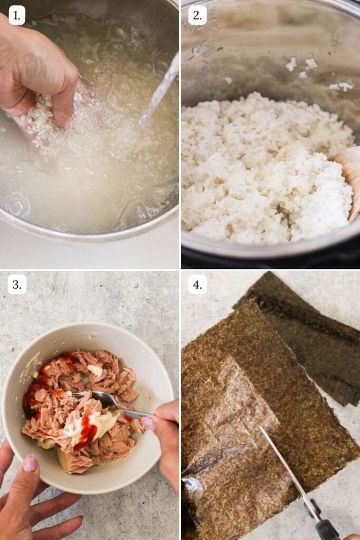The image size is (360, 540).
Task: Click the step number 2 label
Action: (x=197, y=15)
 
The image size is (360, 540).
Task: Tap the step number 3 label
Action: (x=17, y=285)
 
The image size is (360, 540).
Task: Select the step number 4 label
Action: (x=197, y=285)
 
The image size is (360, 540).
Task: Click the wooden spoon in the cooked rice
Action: (x=349, y=174)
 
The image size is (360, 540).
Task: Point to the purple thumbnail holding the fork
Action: (x=148, y=423)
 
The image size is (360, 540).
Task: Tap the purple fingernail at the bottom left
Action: (x=30, y=463)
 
